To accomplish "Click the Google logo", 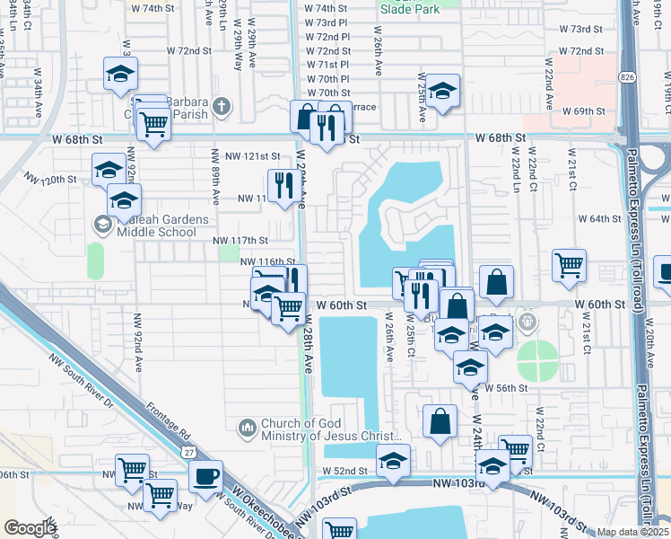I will (x=29, y=528).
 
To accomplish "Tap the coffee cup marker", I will (x=205, y=475).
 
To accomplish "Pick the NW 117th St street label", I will (x=240, y=240).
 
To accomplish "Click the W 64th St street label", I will (x=599, y=218).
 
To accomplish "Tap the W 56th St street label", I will (x=505, y=387).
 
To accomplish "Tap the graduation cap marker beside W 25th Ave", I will (x=442, y=92).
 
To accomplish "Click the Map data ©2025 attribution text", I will (x=633, y=532).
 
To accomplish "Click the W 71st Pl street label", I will (x=327, y=65).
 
